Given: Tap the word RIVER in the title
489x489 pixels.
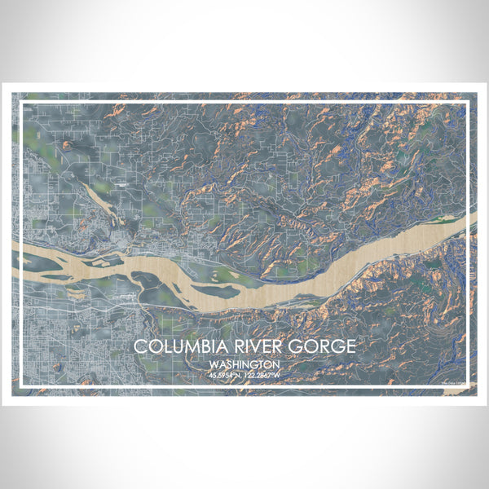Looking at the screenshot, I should pos(252,346).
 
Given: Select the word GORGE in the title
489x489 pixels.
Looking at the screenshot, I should pos(320,346).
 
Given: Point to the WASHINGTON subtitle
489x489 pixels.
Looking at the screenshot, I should pos(244,364).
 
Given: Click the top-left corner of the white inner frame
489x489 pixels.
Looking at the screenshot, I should pos(21,101).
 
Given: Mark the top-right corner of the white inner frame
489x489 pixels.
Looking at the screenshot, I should pos(468,101).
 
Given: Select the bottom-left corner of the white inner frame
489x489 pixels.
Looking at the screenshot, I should pos(21,385).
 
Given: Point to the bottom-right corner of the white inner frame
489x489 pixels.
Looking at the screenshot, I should pos(468,385).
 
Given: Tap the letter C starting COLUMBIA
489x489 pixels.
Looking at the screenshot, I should pos(140,346).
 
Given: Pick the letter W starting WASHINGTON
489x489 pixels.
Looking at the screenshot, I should pos(214,364).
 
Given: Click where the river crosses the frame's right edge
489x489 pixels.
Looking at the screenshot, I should pos(468,222).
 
